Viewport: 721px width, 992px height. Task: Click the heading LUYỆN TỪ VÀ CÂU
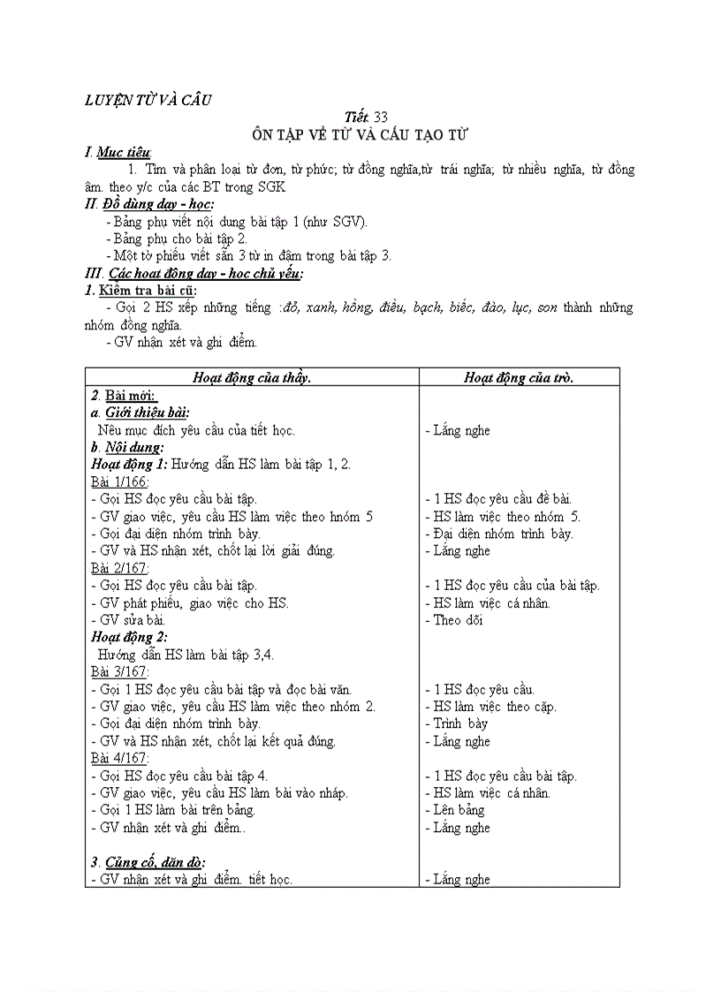(148, 100)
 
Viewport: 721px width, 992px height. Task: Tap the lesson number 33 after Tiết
(381, 117)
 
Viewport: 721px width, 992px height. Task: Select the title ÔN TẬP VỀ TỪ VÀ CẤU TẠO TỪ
(360, 135)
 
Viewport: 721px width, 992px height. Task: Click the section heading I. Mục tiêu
(118, 153)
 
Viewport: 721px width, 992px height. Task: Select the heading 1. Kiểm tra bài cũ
(141, 291)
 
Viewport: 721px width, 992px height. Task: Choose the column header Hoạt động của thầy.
(252, 377)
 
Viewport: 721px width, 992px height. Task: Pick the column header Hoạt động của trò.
(519, 377)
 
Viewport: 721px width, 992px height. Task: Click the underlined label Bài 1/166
(120, 481)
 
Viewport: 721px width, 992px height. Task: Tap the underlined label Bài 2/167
(120, 568)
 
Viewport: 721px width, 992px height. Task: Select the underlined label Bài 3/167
(120, 671)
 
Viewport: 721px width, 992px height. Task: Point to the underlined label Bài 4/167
(120, 758)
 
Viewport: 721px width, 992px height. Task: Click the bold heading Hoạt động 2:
(129, 637)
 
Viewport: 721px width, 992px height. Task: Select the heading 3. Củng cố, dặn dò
(148, 862)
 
